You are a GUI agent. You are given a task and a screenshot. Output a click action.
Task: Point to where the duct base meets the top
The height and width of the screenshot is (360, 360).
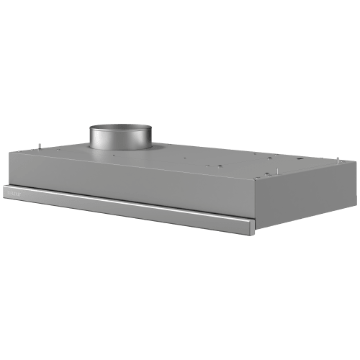(120, 150)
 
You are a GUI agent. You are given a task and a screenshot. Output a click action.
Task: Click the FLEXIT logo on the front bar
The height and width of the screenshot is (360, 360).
(16, 192)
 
